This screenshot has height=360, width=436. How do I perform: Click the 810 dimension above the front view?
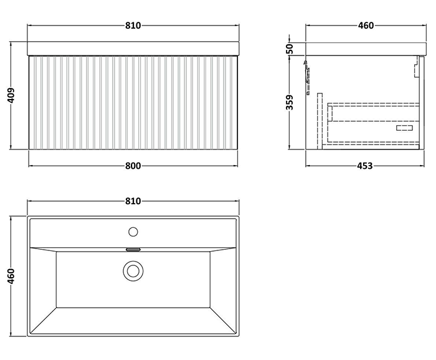133,26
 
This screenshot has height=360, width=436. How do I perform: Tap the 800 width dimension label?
133,166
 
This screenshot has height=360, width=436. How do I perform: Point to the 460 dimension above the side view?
365,26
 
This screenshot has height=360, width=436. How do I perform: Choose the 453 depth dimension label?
365,166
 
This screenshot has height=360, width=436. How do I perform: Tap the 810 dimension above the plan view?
133,201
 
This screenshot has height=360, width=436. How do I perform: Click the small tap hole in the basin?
132,232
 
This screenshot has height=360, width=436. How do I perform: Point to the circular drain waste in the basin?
132,271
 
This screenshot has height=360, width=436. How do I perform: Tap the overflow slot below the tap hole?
132,249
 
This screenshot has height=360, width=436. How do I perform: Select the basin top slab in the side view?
365,48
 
